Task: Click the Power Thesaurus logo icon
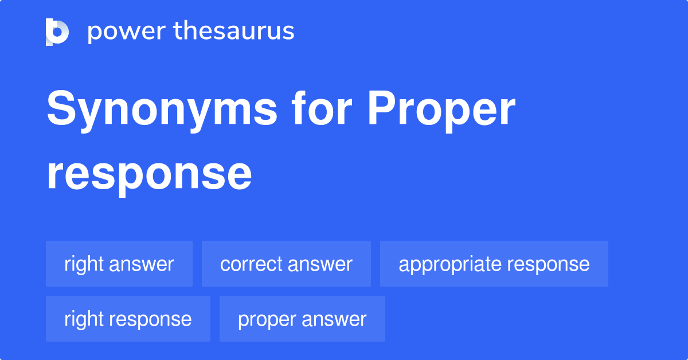tap(57, 32)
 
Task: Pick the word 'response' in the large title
tap(149, 175)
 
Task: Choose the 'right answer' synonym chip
tap(119, 264)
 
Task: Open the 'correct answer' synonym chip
tap(286, 264)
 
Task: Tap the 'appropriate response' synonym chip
tap(494, 264)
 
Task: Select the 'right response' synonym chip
tap(128, 319)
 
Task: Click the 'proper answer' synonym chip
tap(302, 319)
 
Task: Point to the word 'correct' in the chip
tap(251, 264)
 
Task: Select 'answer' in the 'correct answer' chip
tap(320, 264)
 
